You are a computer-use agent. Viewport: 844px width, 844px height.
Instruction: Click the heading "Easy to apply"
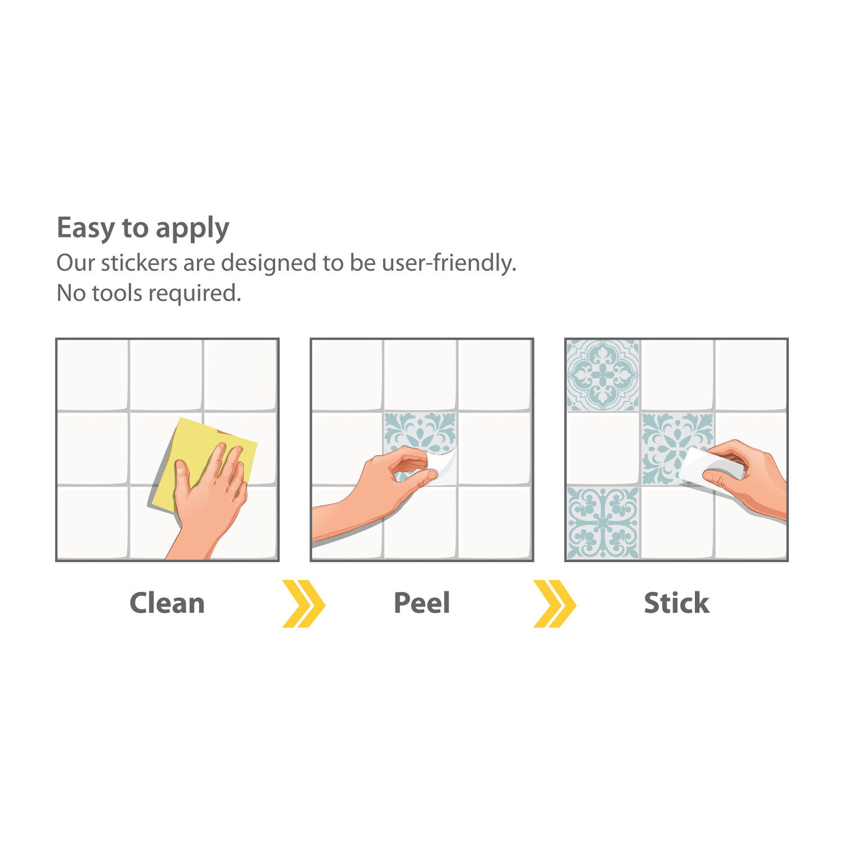click(143, 228)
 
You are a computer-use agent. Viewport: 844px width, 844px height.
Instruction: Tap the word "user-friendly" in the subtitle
click(449, 263)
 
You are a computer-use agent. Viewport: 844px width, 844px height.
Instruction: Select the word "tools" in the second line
click(117, 293)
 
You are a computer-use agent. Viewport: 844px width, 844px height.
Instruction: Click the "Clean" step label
click(167, 603)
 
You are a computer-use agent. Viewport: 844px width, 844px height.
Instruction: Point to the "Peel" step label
click(422, 603)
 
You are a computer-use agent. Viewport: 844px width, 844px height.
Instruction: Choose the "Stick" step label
click(676, 603)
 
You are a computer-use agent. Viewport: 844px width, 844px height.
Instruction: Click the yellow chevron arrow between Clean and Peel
click(304, 604)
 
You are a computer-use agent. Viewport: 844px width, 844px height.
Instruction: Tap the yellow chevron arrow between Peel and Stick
click(555, 604)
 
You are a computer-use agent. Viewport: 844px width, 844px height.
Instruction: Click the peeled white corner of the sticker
click(443, 464)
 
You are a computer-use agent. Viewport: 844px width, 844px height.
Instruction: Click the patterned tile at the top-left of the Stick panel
click(603, 375)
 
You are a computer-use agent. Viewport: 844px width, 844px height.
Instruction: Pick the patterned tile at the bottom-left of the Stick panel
click(603, 523)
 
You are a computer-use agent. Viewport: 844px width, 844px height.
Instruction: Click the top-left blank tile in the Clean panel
click(93, 375)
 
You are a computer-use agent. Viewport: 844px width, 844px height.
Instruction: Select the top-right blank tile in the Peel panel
click(495, 375)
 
